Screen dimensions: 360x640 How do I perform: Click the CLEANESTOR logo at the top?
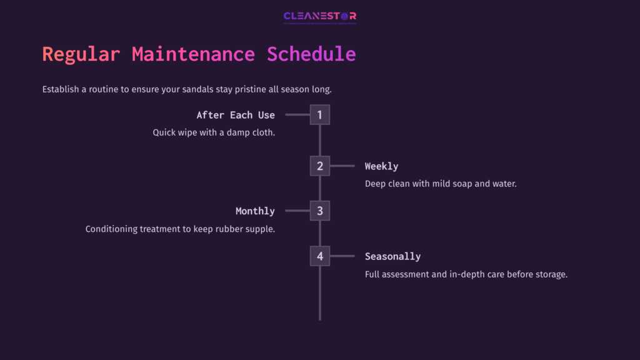(319, 17)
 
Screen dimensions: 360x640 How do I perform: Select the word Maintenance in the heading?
(193, 54)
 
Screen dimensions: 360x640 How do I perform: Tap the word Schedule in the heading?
(311, 54)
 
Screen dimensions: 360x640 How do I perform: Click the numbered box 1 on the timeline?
(319, 115)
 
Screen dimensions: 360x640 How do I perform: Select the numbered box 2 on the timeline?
(319, 166)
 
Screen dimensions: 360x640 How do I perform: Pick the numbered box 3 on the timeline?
(319, 211)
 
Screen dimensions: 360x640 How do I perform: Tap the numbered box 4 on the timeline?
(319, 256)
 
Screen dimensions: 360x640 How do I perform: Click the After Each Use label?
(236, 115)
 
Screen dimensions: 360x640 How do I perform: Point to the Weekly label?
(381, 166)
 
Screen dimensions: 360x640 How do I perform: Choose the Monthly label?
(255, 211)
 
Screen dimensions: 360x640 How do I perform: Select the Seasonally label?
(392, 256)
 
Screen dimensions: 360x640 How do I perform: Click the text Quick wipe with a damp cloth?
(214, 132)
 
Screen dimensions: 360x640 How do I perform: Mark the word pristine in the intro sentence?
(249, 89)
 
